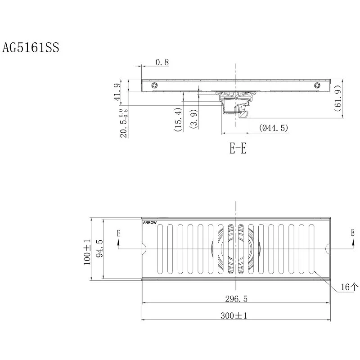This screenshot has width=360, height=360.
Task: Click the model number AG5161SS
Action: (31, 48)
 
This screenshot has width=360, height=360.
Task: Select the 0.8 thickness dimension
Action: (162, 62)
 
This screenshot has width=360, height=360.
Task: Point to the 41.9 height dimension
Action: (117, 92)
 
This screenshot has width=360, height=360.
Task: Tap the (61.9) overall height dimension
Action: (338, 98)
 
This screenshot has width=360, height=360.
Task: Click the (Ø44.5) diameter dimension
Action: (274, 128)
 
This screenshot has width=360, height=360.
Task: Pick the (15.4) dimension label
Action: (178, 120)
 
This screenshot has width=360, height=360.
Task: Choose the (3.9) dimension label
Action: (194, 119)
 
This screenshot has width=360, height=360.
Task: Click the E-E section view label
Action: (238, 148)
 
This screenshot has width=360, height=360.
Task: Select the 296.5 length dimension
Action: (236, 299)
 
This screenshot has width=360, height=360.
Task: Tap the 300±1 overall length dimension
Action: (234, 316)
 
